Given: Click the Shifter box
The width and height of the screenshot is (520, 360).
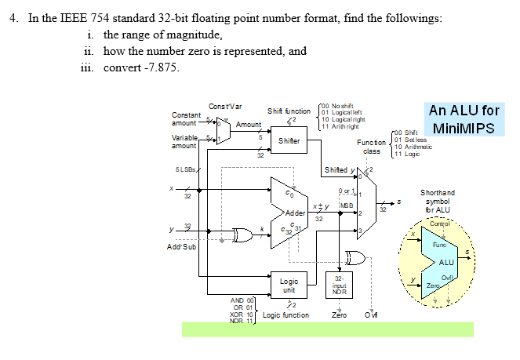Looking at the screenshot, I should click(x=288, y=140).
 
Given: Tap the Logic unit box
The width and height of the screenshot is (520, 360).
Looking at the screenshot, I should click(x=289, y=285).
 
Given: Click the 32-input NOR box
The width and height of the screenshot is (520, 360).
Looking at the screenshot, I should click(x=340, y=284).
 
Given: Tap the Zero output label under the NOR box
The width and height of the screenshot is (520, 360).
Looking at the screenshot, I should click(x=340, y=315).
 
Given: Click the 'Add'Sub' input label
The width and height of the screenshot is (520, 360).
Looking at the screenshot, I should click(x=181, y=247).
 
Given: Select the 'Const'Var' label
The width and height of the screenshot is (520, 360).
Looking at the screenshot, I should click(x=225, y=107).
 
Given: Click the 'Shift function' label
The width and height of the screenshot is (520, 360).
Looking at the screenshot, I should click(x=289, y=111).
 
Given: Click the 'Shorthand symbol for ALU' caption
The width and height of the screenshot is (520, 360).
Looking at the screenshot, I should click(x=437, y=201).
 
